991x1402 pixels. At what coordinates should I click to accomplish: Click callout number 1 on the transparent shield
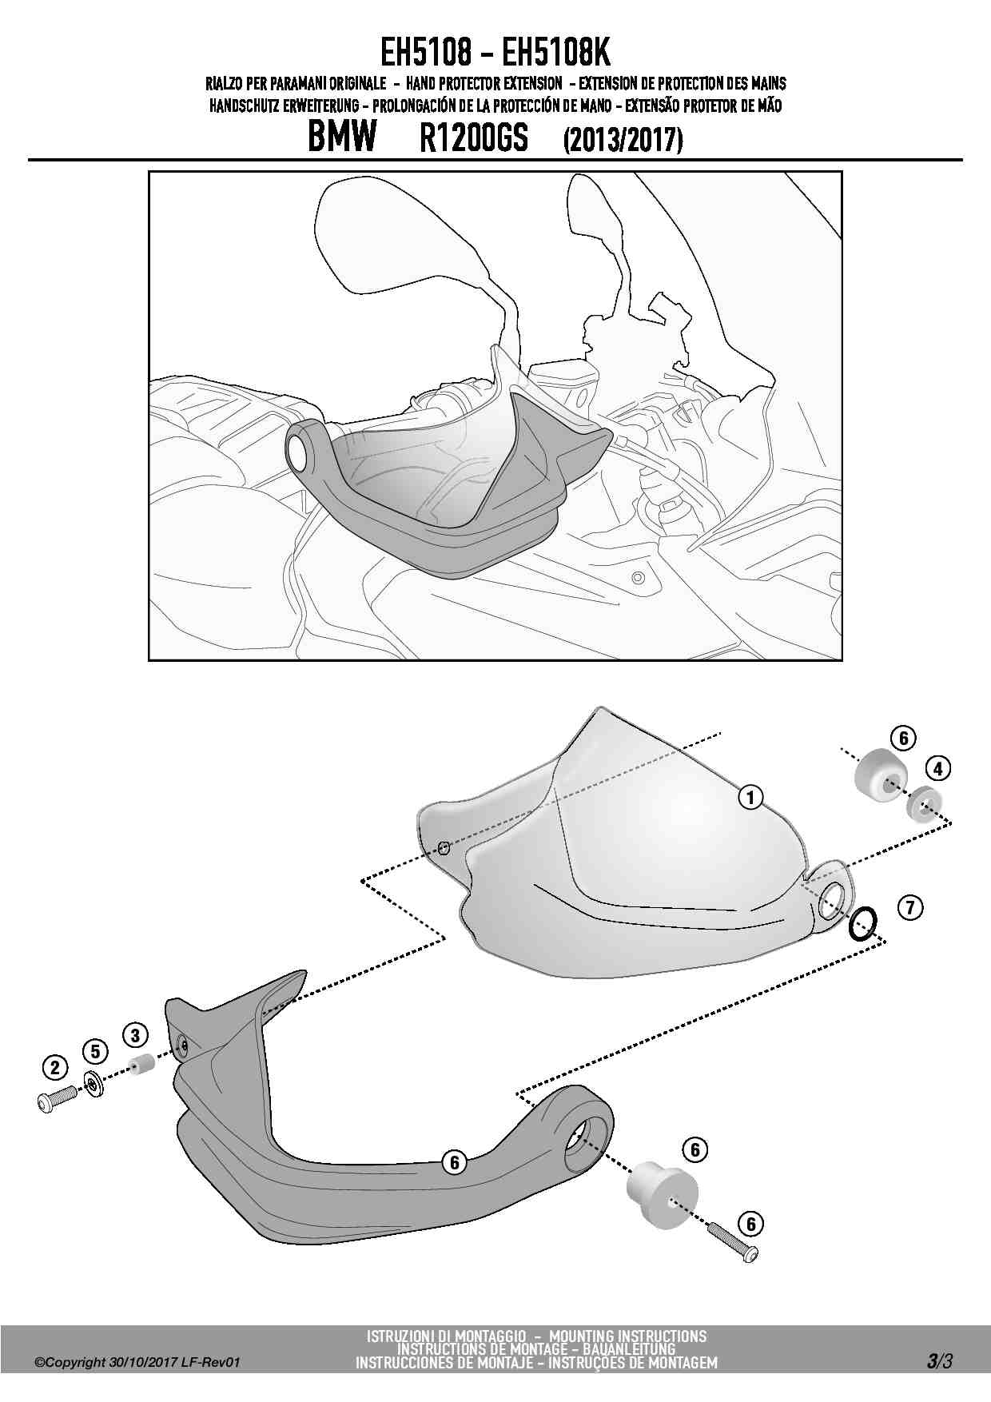(750, 797)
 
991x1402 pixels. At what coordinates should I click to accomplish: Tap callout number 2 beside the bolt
(55, 1067)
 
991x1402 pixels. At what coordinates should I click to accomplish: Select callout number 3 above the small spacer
(135, 1036)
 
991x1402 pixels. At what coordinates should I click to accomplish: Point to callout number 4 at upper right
(937, 769)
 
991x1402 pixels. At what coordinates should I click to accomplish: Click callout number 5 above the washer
(95, 1051)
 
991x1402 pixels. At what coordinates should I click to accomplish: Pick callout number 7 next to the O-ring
(910, 907)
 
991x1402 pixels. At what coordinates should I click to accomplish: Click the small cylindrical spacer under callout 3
(141, 1065)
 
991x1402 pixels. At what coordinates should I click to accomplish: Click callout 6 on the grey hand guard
(455, 1162)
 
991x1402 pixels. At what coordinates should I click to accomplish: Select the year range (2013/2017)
(623, 141)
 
